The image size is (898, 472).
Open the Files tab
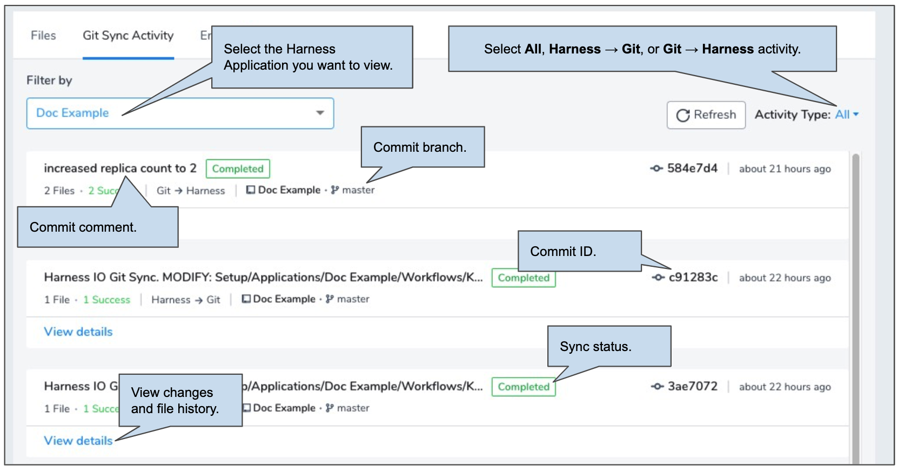[x=43, y=35]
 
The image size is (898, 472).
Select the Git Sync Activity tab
[x=128, y=36]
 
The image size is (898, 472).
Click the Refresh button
[x=706, y=115]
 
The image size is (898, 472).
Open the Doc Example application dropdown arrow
[x=320, y=113]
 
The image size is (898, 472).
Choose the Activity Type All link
[x=842, y=114]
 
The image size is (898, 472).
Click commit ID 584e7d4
[x=692, y=168]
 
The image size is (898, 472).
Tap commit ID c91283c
[x=693, y=277]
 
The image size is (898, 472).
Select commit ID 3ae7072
[x=692, y=386]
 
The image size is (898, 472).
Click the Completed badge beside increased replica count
[x=238, y=168]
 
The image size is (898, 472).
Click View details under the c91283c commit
[x=78, y=332]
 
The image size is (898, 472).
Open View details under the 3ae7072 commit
[x=78, y=441]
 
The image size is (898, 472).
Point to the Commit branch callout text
[x=420, y=147]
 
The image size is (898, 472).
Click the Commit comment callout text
[x=83, y=227]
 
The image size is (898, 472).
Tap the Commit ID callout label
[x=563, y=251]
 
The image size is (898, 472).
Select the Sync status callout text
[x=595, y=347]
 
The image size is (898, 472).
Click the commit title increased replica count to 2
[x=120, y=168]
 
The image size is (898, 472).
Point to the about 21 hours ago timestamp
[x=785, y=168]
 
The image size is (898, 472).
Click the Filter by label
[x=49, y=80]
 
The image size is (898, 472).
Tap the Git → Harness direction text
[x=190, y=191]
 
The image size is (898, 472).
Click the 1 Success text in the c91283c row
[x=106, y=300]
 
